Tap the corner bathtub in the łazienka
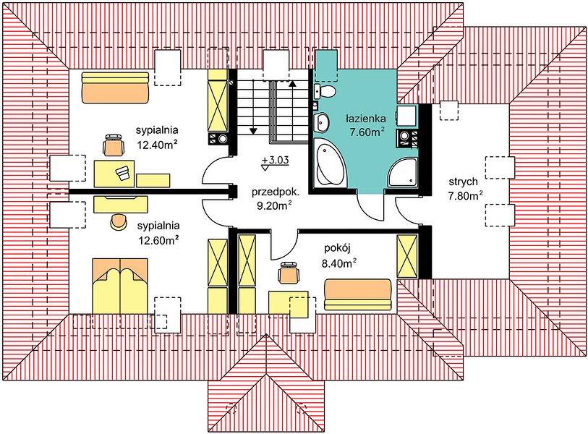(330, 163)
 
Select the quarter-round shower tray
(403, 172)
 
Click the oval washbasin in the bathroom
(320, 122)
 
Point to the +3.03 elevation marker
(276, 163)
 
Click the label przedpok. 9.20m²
(276, 199)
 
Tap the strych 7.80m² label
(465, 189)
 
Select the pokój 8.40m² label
(338, 256)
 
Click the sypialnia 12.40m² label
(157, 137)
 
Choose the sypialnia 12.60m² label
(158, 233)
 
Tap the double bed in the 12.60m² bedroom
(119, 285)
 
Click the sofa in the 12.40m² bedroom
(116, 87)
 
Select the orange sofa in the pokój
(358, 294)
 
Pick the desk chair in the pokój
(289, 273)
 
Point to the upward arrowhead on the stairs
(292, 83)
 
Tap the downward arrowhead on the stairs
(254, 131)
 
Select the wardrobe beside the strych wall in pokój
(407, 256)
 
